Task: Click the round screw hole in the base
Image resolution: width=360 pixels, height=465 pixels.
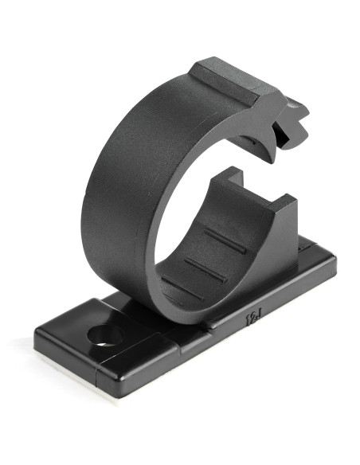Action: click(x=106, y=336)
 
